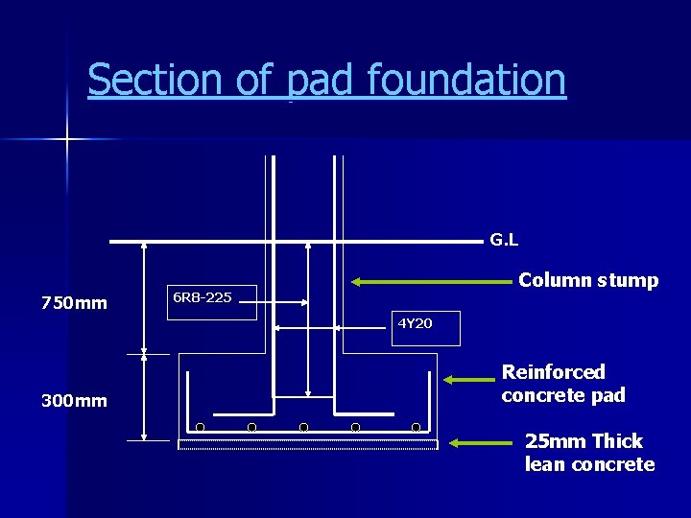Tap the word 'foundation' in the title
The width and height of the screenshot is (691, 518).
pos(466,80)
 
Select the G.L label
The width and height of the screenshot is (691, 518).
pos(504,239)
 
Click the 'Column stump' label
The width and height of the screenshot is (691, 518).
pos(588,280)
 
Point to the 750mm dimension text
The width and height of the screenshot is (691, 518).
pos(74,303)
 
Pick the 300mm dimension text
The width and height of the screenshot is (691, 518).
pos(74,400)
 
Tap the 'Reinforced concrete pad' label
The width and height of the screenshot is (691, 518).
pos(563,384)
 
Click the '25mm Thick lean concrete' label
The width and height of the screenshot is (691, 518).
pos(589,453)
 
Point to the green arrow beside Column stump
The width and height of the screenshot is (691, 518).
pos(431,282)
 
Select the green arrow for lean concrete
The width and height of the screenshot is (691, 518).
pos(482,443)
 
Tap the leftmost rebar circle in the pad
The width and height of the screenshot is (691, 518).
pos(200,427)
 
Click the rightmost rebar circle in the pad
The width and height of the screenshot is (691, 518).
pos(417,427)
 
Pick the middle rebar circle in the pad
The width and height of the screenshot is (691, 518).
pos(303,427)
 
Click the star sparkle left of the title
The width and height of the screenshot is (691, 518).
pos(67,140)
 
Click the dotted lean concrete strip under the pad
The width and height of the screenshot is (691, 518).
pos(307,444)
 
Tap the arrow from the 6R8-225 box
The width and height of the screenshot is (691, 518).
pos(284,302)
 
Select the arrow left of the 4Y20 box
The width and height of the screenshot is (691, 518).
pos(332,328)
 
